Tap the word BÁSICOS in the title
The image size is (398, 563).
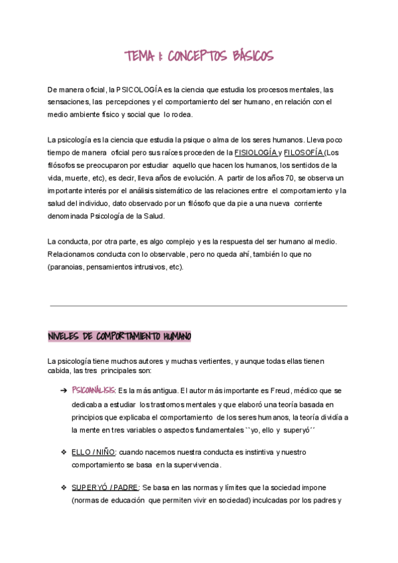[x=248, y=56]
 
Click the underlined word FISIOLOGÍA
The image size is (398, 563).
[x=256, y=153]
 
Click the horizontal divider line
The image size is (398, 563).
[x=198, y=305]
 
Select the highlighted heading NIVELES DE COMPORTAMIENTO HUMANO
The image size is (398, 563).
[x=119, y=337]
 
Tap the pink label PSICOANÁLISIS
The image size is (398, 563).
[x=94, y=391]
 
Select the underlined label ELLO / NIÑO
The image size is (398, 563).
[x=93, y=452]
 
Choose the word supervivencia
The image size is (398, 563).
[x=198, y=465]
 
